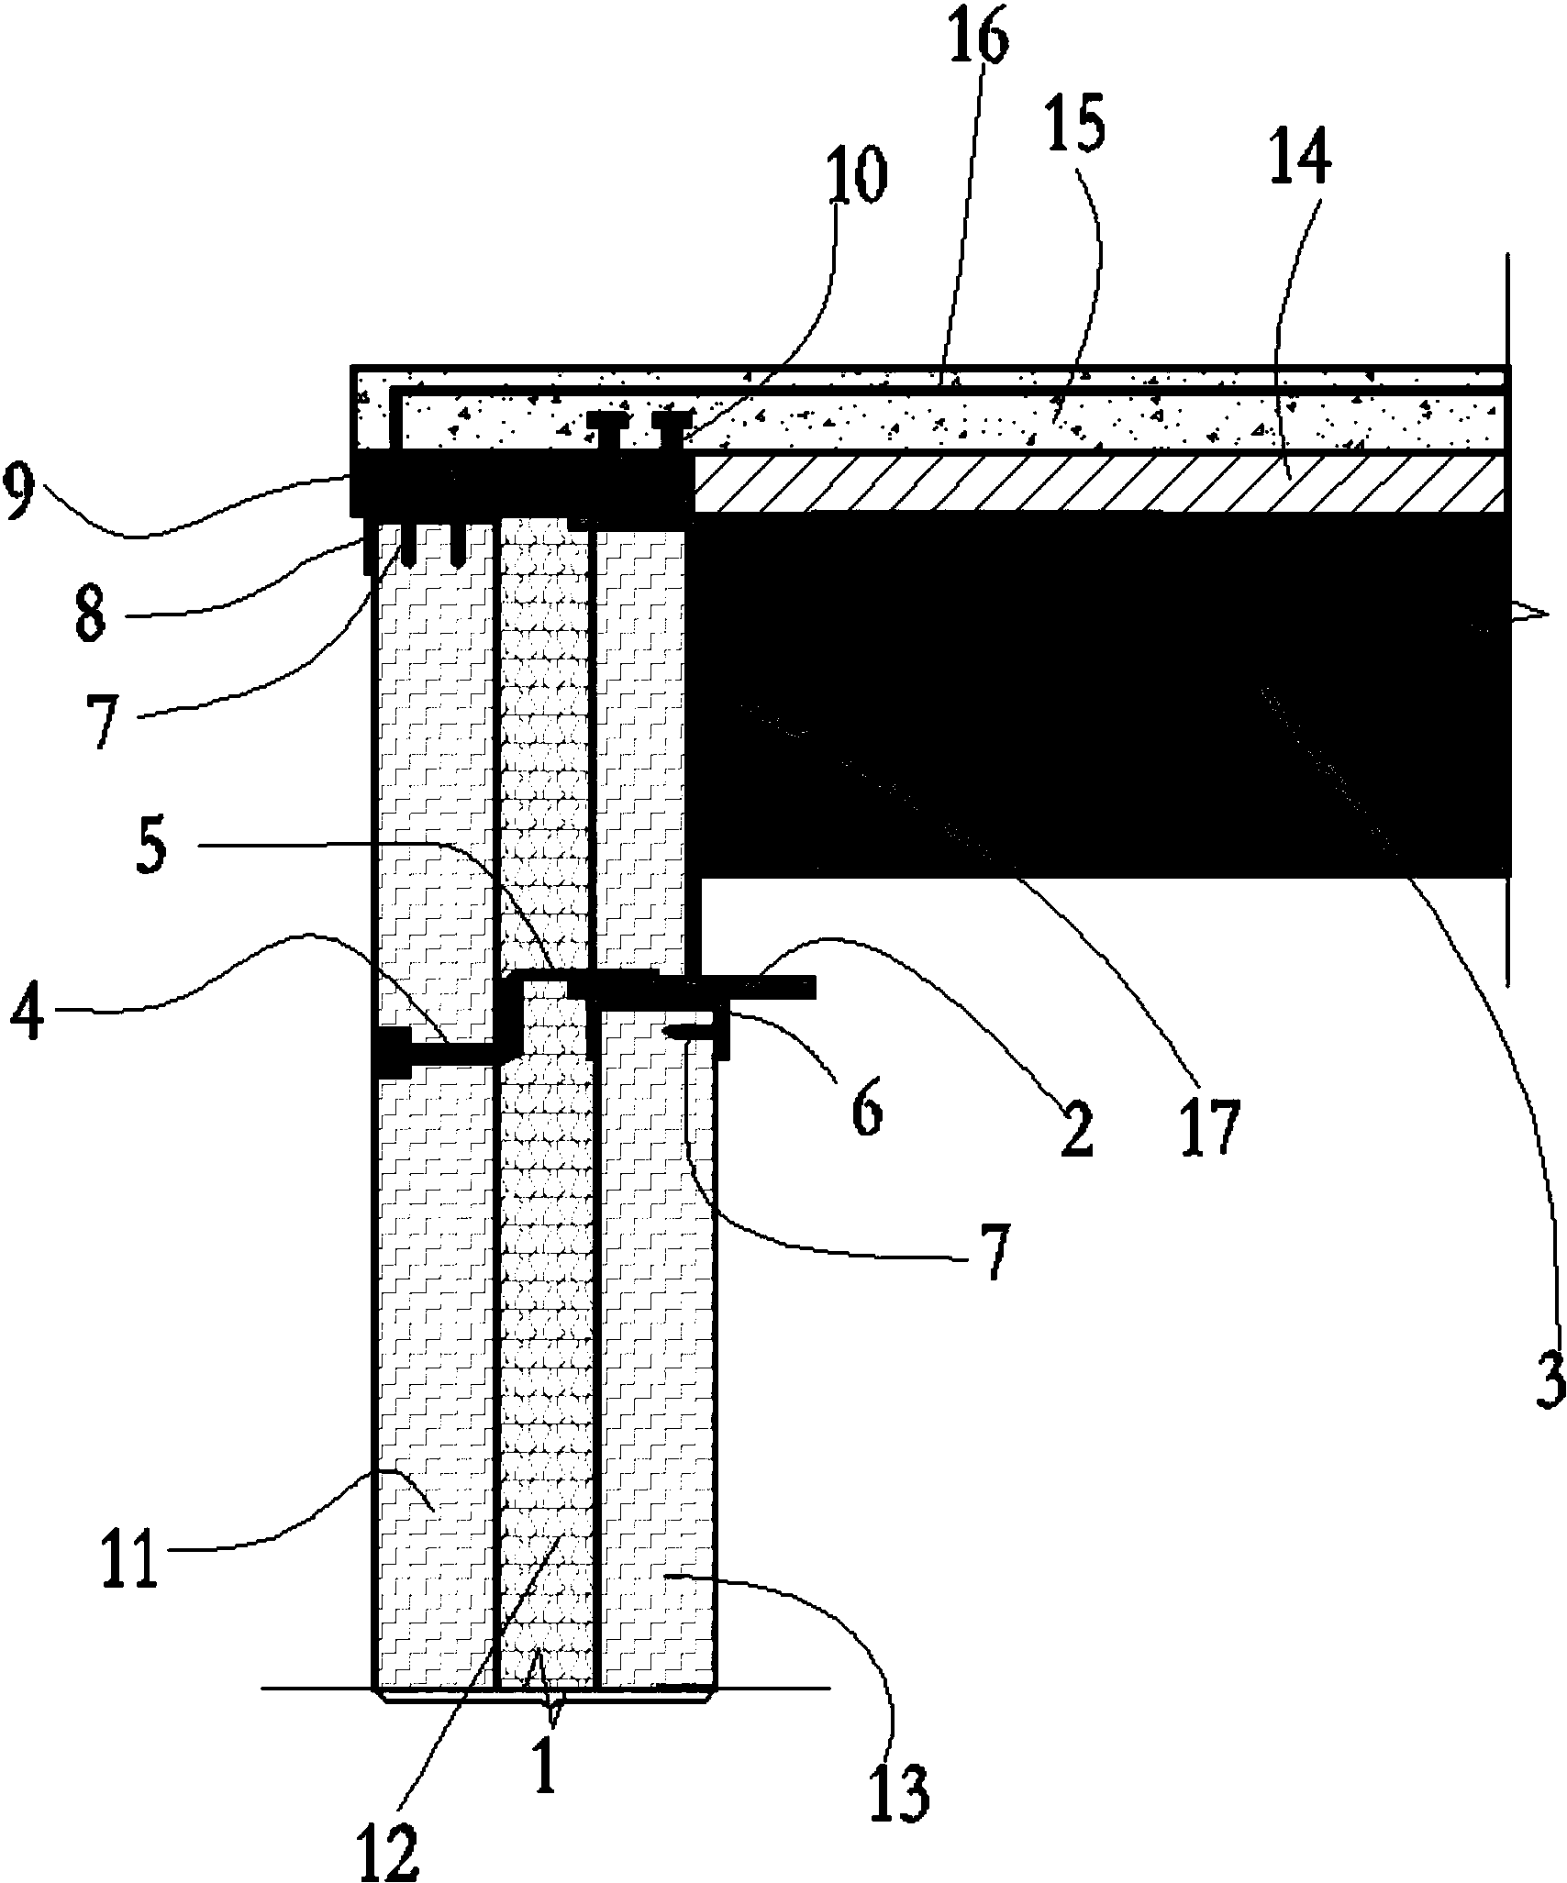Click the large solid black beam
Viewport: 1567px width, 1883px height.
click(x=1101, y=697)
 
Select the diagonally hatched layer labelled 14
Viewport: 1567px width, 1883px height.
click(x=1101, y=483)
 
